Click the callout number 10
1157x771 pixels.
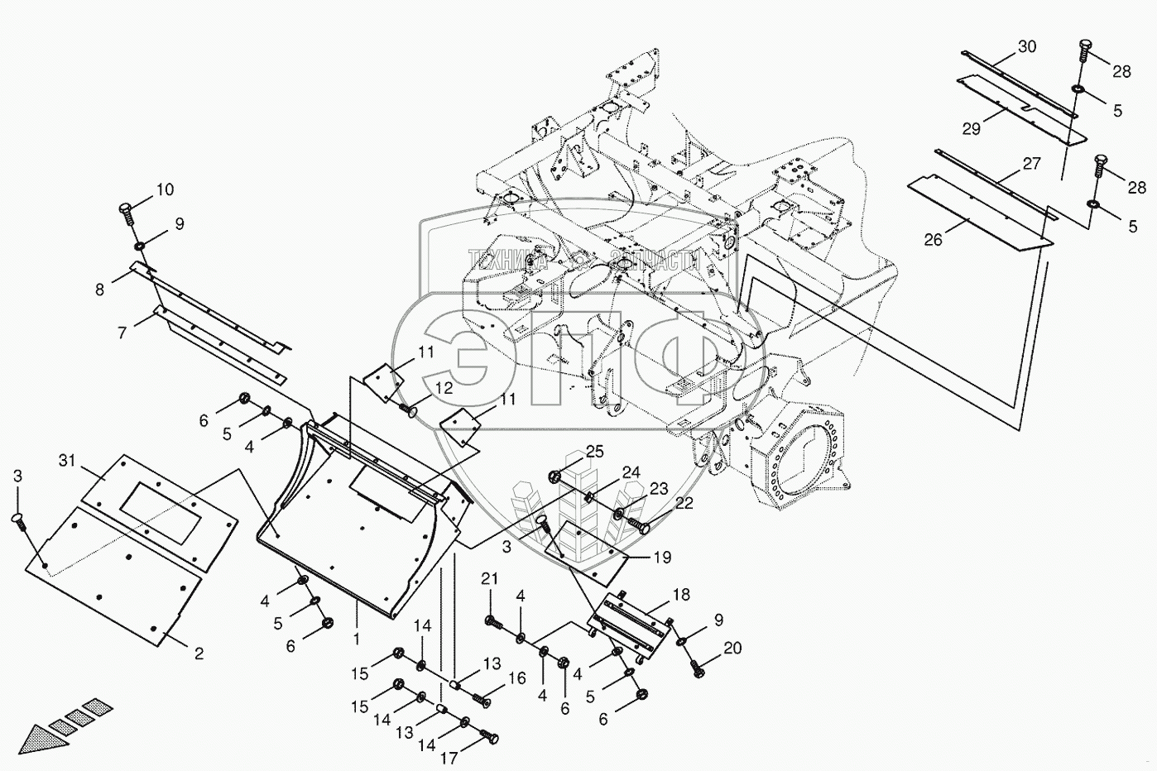point(165,190)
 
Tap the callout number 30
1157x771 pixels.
point(1026,47)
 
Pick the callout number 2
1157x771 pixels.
point(198,654)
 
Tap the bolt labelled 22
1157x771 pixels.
point(641,524)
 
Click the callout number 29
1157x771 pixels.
point(972,127)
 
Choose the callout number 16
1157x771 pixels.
point(517,679)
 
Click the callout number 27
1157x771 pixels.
point(1031,164)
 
